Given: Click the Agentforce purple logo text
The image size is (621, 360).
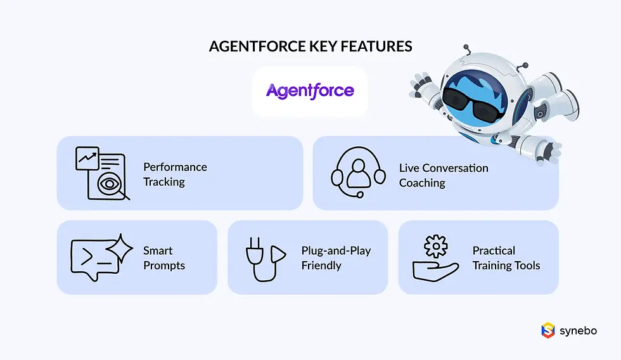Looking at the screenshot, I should coord(310,91).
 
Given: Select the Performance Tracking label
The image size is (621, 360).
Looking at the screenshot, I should coord(175,174).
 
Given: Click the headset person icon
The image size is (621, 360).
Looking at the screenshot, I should coord(359,172).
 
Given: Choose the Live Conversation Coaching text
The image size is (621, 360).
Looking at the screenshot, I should coord(444,176).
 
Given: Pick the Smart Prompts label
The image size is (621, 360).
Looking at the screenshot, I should coord(163,258).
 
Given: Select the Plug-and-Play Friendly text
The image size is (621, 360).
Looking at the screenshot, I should coord(336,258).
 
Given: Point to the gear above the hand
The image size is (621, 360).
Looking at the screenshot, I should coord(436,245).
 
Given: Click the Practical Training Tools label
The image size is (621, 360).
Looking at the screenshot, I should coord(506,258).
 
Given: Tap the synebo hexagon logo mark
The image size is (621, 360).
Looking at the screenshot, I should coord(547,330).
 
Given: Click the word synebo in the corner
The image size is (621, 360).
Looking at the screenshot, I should coord(578,330).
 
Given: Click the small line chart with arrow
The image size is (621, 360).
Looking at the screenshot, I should coord(87,158).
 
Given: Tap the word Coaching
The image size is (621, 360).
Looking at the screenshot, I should coord(422,183).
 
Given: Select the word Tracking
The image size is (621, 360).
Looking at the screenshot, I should coord(164,182).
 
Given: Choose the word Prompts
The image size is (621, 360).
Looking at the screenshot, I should coord(164,266).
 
